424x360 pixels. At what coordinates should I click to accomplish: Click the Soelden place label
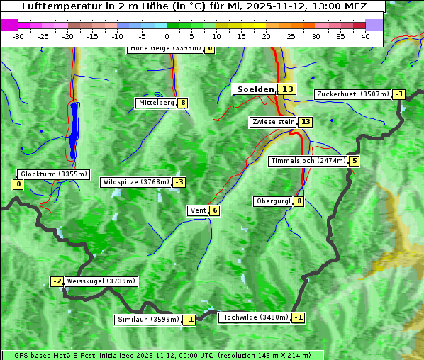coord(255,89)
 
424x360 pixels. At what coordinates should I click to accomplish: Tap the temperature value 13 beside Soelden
coord(287,89)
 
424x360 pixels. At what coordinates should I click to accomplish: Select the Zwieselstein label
coord(273,122)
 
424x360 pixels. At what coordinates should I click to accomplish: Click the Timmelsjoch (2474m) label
coord(308,161)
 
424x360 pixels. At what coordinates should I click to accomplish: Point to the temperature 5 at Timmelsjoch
coord(354,161)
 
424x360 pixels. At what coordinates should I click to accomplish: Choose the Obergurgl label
coord(273,201)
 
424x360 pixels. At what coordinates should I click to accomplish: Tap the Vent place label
coord(198,210)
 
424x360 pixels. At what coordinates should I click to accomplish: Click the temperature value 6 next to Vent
coord(214,210)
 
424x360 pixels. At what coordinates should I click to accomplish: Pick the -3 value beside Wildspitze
coord(179,182)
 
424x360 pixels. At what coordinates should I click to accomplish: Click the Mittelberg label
coord(156,103)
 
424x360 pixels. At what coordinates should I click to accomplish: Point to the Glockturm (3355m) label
coord(54,174)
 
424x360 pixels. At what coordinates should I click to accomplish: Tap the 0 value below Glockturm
coord(18,185)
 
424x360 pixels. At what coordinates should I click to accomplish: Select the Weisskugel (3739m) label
coord(101,281)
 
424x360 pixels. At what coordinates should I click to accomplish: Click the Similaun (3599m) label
coord(148,320)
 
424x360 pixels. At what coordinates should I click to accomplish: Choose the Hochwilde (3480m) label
coord(254,317)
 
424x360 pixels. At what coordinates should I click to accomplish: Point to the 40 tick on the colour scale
coord(365,35)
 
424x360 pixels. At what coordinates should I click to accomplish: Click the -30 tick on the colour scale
coord(18,35)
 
